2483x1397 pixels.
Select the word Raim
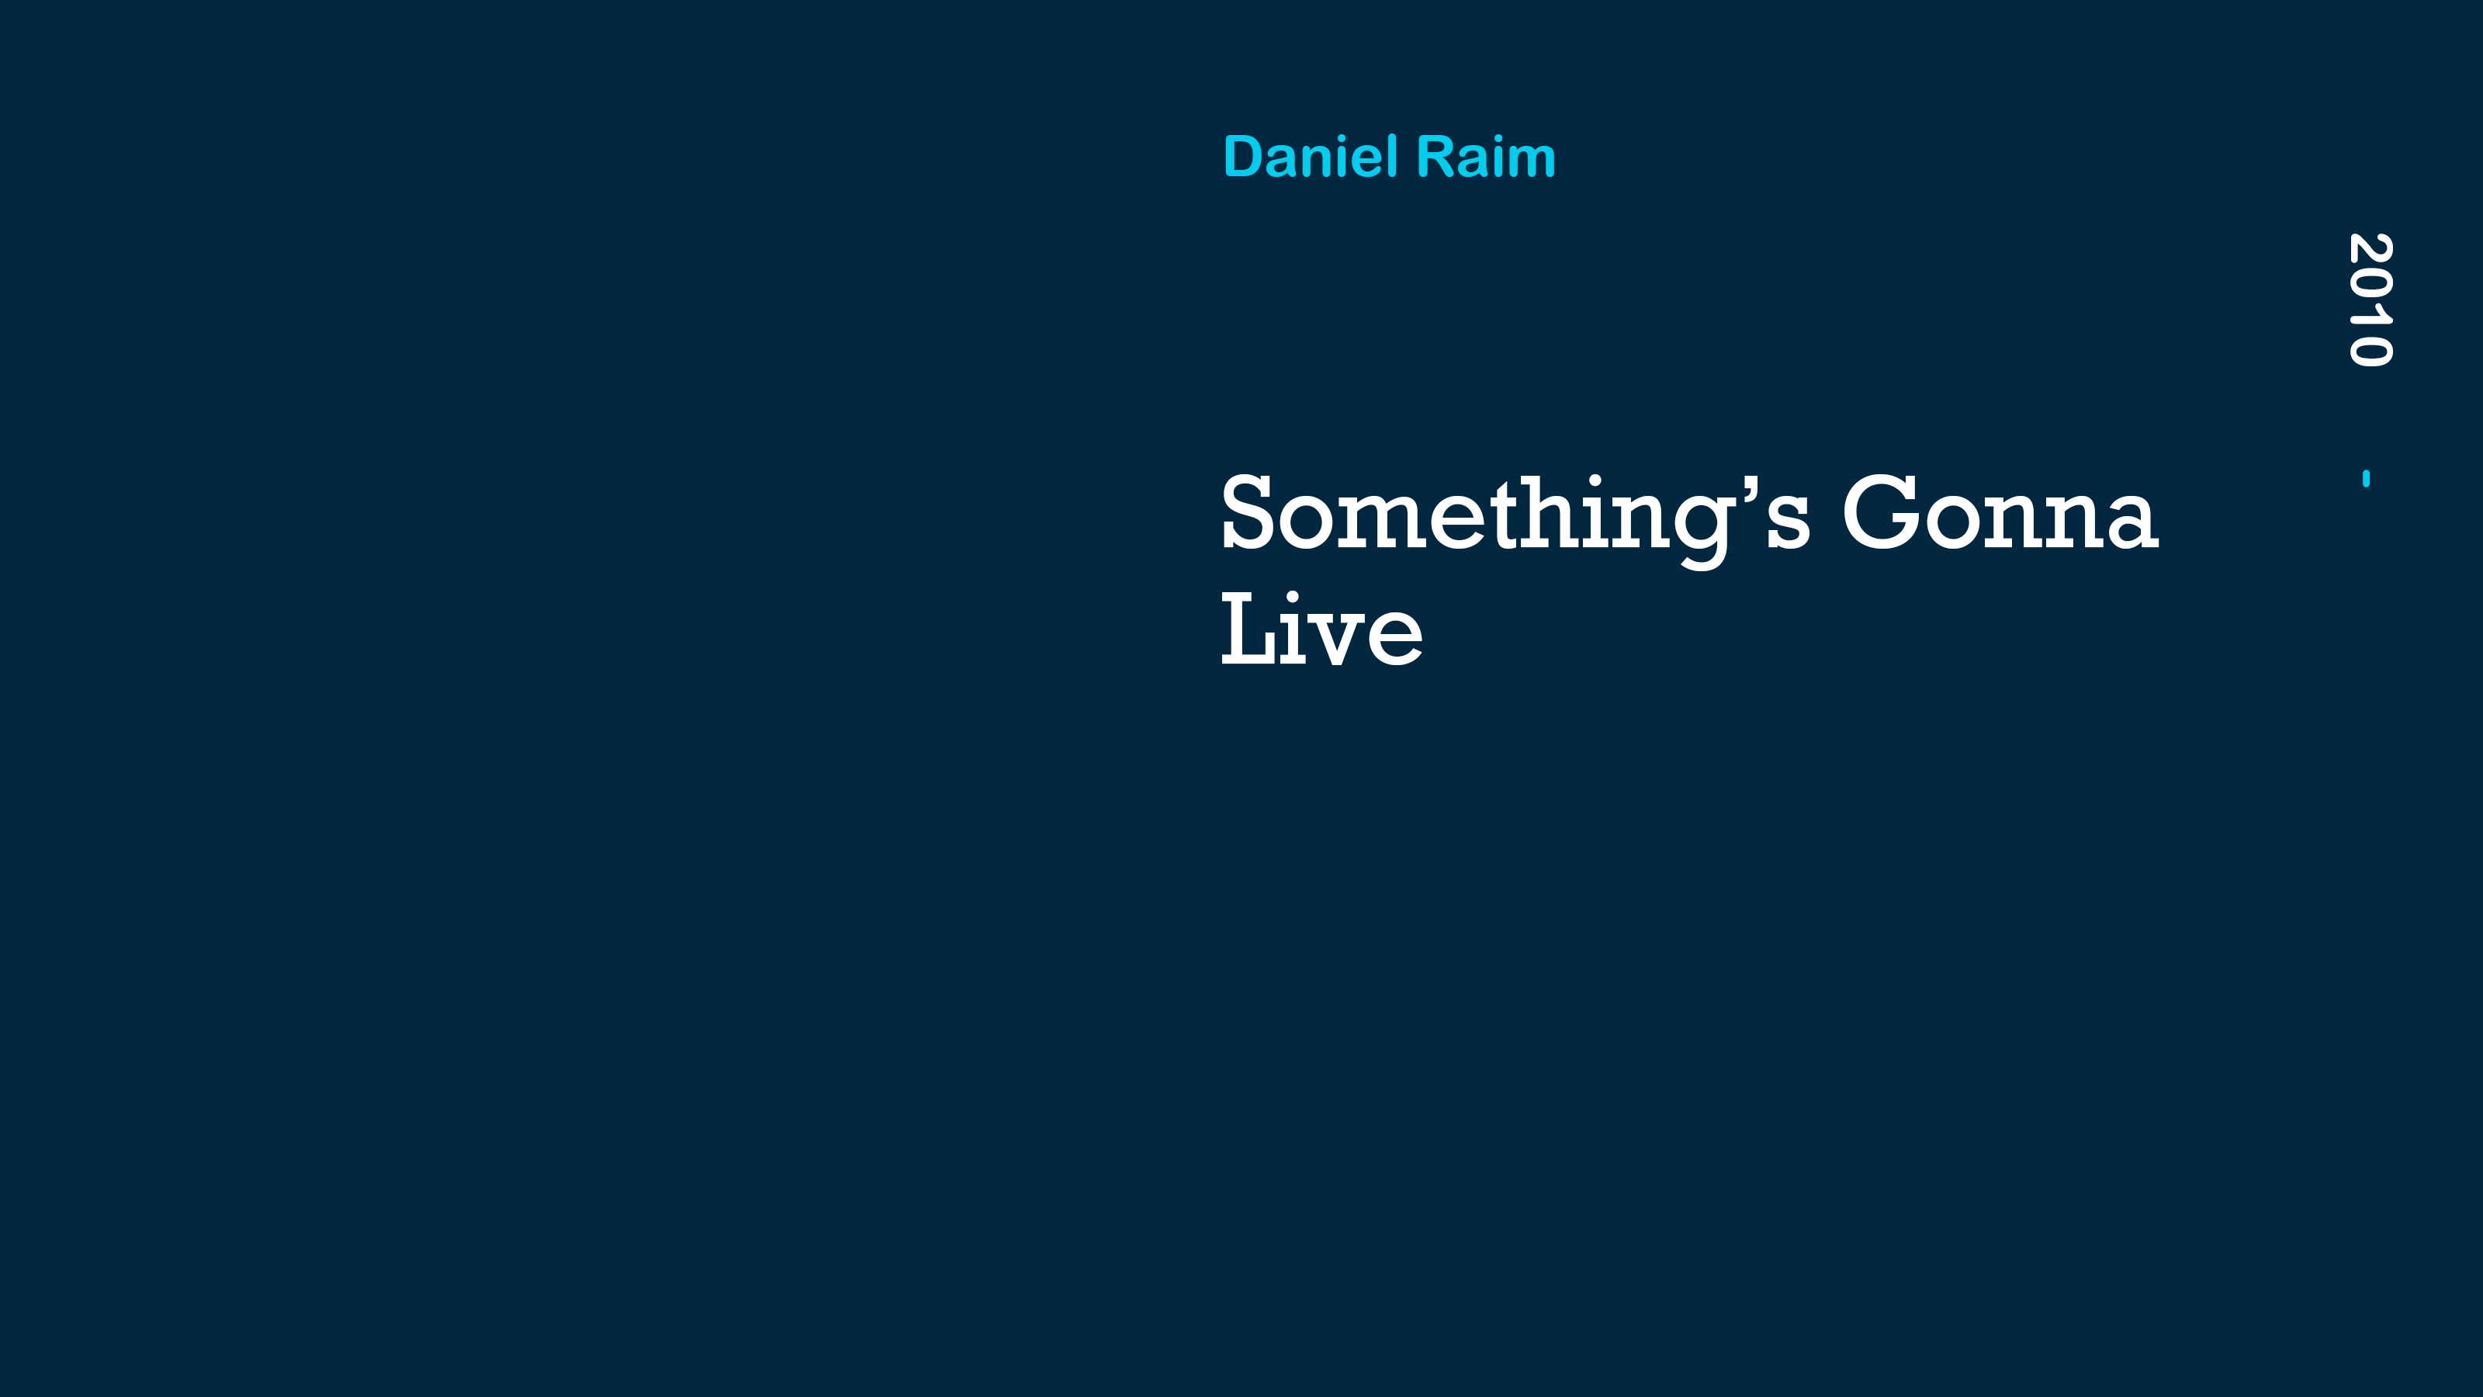pos(1487,156)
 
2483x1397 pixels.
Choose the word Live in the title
pos(1321,629)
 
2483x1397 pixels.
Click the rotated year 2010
pos(2370,300)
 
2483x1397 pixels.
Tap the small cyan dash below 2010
pos(2367,478)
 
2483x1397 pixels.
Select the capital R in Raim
pos(1435,156)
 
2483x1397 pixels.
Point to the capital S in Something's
pos(1249,512)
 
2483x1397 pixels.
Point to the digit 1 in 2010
pos(2370,314)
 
